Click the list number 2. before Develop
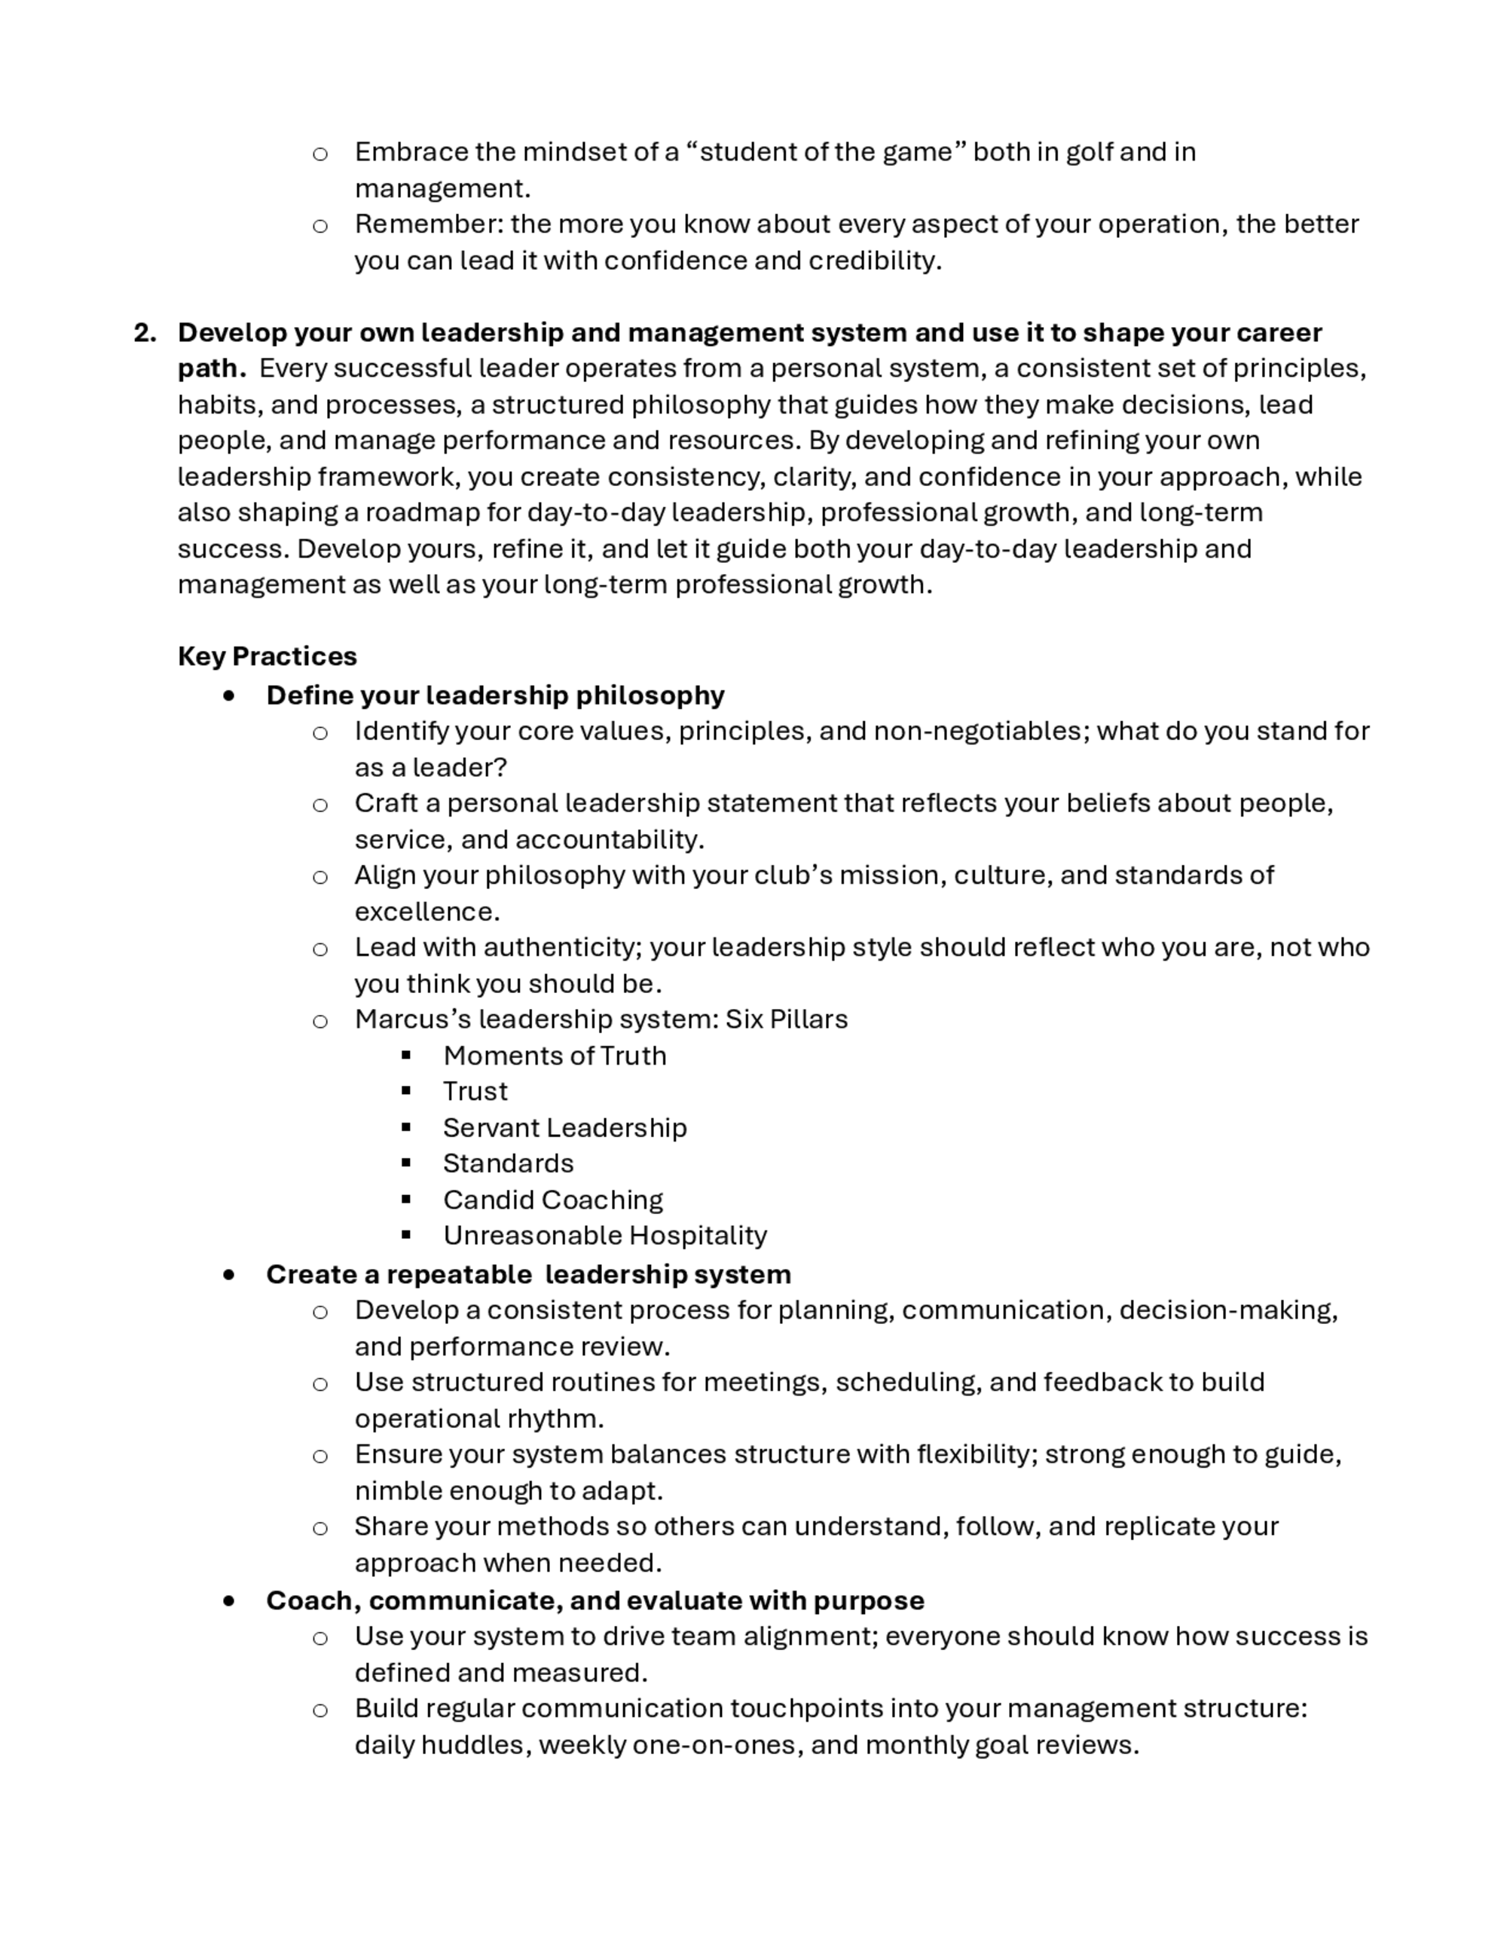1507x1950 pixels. pyautogui.click(x=145, y=333)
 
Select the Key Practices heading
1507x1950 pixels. pyautogui.click(x=267, y=656)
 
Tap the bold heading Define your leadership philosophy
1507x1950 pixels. pyautogui.click(x=494, y=695)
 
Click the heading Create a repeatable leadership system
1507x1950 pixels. pyautogui.click(x=527, y=1274)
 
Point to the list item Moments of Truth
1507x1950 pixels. pyautogui.click(x=555, y=1056)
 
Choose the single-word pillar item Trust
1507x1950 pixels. pyautogui.click(x=475, y=1091)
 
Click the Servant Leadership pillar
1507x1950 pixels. pyautogui.click(x=564, y=1128)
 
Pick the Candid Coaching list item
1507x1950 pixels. pyautogui.click(x=552, y=1199)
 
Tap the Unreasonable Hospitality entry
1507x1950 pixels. pyautogui.click(x=604, y=1235)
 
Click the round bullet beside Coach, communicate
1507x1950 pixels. pyautogui.click(x=231, y=1601)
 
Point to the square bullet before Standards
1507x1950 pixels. pyautogui.click(x=406, y=1163)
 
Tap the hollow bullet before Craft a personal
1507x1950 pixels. pyautogui.click(x=319, y=805)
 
